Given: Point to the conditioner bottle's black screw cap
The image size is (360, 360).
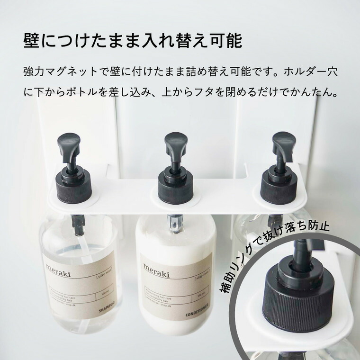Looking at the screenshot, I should [x=176, y=187].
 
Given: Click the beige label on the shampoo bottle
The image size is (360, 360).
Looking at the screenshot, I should [x=78, y=284].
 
